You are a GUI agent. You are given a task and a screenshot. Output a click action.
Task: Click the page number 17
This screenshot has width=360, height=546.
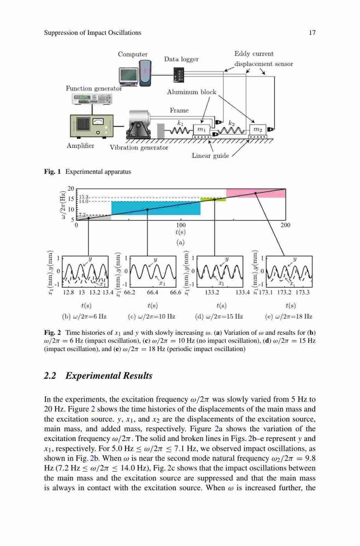pos(312,33)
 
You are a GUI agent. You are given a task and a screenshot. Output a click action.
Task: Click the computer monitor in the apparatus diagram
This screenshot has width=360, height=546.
pos(128,75)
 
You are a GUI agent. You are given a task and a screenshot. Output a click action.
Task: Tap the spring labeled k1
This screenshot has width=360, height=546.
pos(180,131)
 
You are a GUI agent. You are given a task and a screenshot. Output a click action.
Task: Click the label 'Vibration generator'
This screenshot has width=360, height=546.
pos(139,147)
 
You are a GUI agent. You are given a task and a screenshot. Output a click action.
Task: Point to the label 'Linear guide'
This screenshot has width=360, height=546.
pos(210,156)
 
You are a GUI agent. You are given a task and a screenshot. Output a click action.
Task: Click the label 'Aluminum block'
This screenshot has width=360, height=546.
pos(192,92)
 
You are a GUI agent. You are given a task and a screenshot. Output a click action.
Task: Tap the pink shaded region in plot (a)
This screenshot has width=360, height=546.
pos(256,193)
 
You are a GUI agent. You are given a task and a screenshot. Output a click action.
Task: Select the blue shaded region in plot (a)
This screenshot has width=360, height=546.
pos(156,208)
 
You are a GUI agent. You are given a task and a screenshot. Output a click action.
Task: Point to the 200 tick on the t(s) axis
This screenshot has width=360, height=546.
pos(285,225)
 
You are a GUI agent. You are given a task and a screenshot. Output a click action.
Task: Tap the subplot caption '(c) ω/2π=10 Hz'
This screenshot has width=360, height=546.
pos(152,317)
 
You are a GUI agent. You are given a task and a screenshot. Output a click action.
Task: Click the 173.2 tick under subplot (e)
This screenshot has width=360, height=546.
pos(284,293)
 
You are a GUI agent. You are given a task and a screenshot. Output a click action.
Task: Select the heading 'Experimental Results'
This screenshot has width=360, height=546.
pos(109,376)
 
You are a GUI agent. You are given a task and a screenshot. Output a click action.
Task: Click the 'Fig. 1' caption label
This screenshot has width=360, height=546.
pos(52,171)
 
